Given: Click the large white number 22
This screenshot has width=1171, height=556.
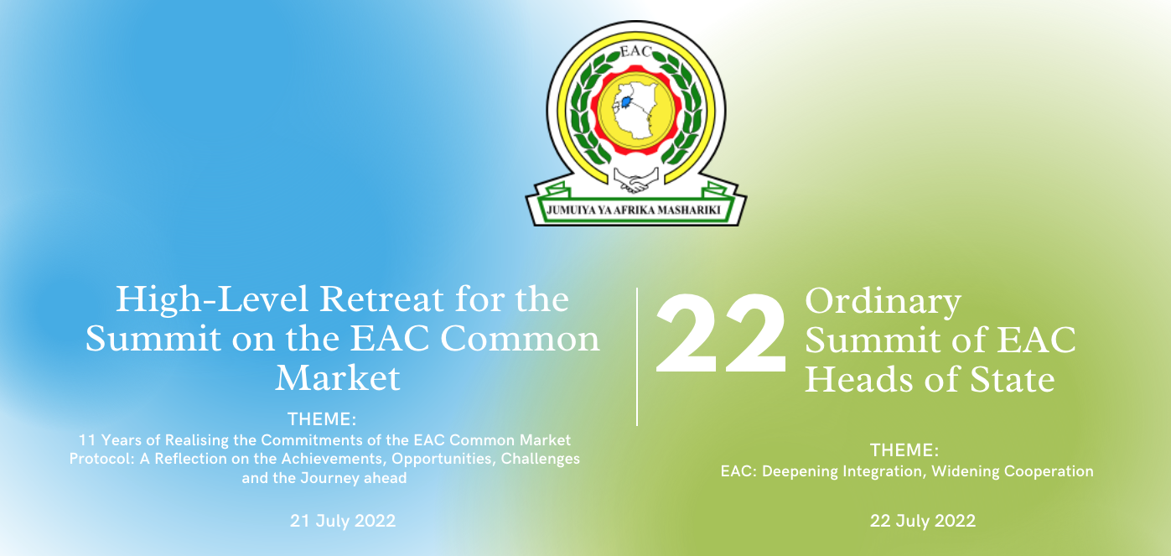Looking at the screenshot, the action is pyautogui.click(x=720, y=333).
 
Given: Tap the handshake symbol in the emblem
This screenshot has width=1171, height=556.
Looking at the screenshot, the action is pyautogui.click(x=635, y=180).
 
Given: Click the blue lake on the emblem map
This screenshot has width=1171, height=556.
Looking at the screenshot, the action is pyautogui.click(x=626, y=101).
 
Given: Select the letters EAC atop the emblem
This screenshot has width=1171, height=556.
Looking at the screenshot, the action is pyautogui.click(x=635, y=51).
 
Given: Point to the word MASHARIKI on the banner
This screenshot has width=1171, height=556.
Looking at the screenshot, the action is pyautogui.click(x=687, y=210).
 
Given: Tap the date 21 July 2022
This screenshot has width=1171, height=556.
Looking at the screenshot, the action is pyautogui.click(x=342, y=521).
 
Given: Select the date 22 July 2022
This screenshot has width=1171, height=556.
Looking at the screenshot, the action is pyautogui.click(x=923, y=521).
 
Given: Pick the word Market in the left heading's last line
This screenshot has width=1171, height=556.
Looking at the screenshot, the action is pyautogui.click(x=338, y=378).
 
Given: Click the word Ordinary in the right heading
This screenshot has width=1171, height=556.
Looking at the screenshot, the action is pyautogui.click(x=883, y=304).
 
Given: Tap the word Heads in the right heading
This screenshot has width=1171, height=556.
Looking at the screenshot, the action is pyautogui.click(x=860, y=379).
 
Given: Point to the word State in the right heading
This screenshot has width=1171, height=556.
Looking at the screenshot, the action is pyautogui.click(x=1013, y=379).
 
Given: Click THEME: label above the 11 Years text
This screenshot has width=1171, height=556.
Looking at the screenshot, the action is pyautogui.click(x=322, y=419).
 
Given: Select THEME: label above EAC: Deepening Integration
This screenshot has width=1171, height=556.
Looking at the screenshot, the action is pyautogui.click(x=904, y=449).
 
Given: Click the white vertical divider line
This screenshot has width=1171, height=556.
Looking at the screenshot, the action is pyautogui.click(x=637, y=356).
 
